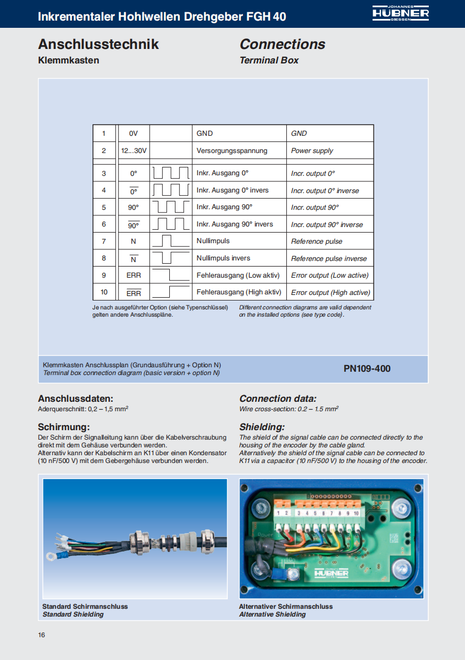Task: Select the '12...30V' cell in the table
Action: tap(134, 151)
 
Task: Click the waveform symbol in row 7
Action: tap(170, 241)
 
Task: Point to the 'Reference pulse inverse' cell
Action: tap(329, 259)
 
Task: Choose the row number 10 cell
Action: tap(104, 292)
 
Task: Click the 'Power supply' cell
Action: tap(312, 151)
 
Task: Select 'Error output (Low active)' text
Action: tap(330, 275)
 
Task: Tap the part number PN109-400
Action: tap(367, 368)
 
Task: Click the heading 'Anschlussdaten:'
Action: tap(76, 398)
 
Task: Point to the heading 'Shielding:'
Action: tap(262, 427)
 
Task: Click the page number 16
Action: tap(42, 636)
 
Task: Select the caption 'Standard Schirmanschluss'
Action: tap(85, 607)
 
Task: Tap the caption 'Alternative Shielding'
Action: tap(272, 614)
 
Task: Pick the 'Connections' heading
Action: tap(282, 45)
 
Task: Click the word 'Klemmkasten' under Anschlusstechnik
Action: tap(68, 60)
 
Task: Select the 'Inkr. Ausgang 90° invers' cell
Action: tap(234, 224)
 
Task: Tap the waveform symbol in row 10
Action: tap(170, 292)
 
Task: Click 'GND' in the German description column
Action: tap(204, 134)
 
